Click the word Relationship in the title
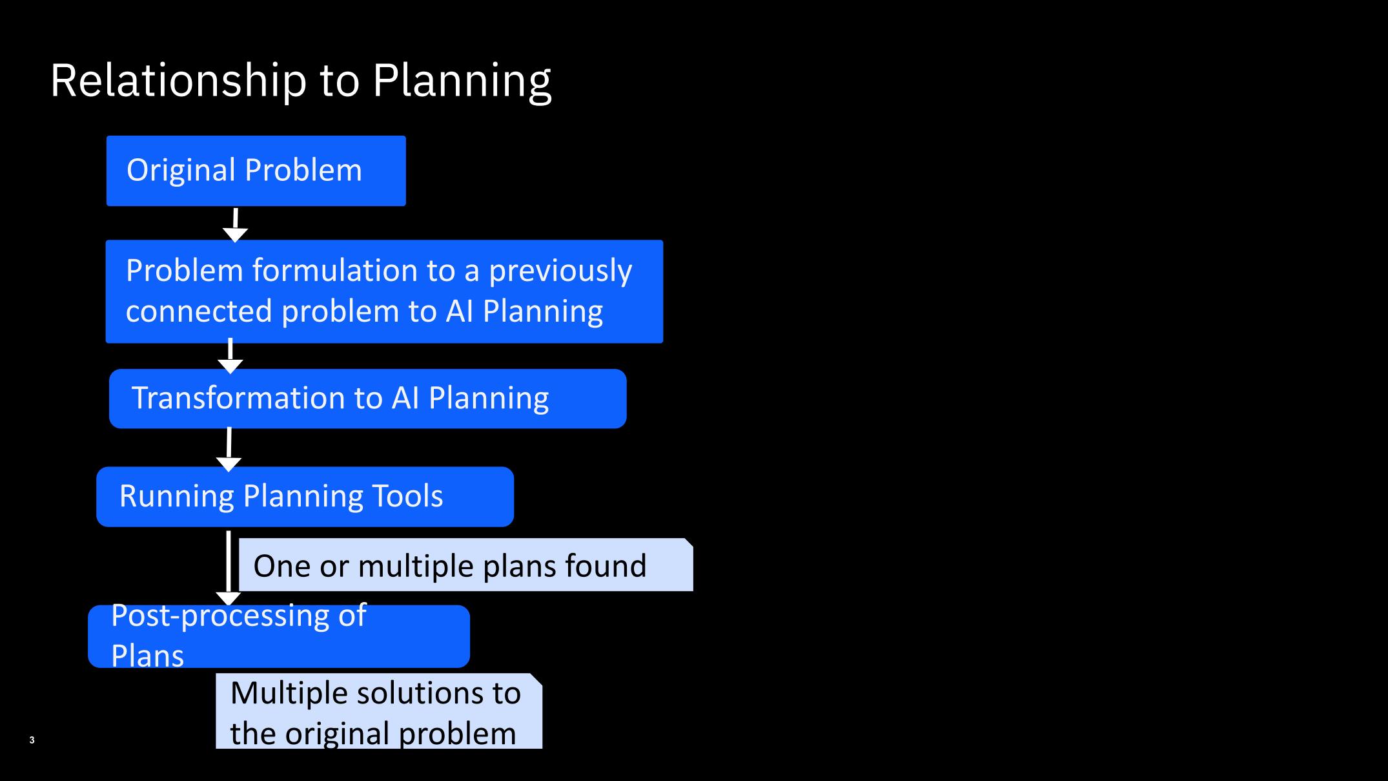pos(178,81)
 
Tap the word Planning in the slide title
pos(462,81)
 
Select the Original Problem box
pos(256,171)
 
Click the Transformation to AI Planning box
pos(368,399)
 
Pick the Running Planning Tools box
pos(305,497)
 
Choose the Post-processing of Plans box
pos(279,636)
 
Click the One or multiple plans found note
pos(466,565)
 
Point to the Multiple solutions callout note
pos(379,711)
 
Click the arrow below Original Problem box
pos(235,225)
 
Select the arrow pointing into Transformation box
pos(230,356)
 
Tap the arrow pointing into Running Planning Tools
pos(229,449)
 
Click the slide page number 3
pos(32,740)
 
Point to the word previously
pos(560,271)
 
